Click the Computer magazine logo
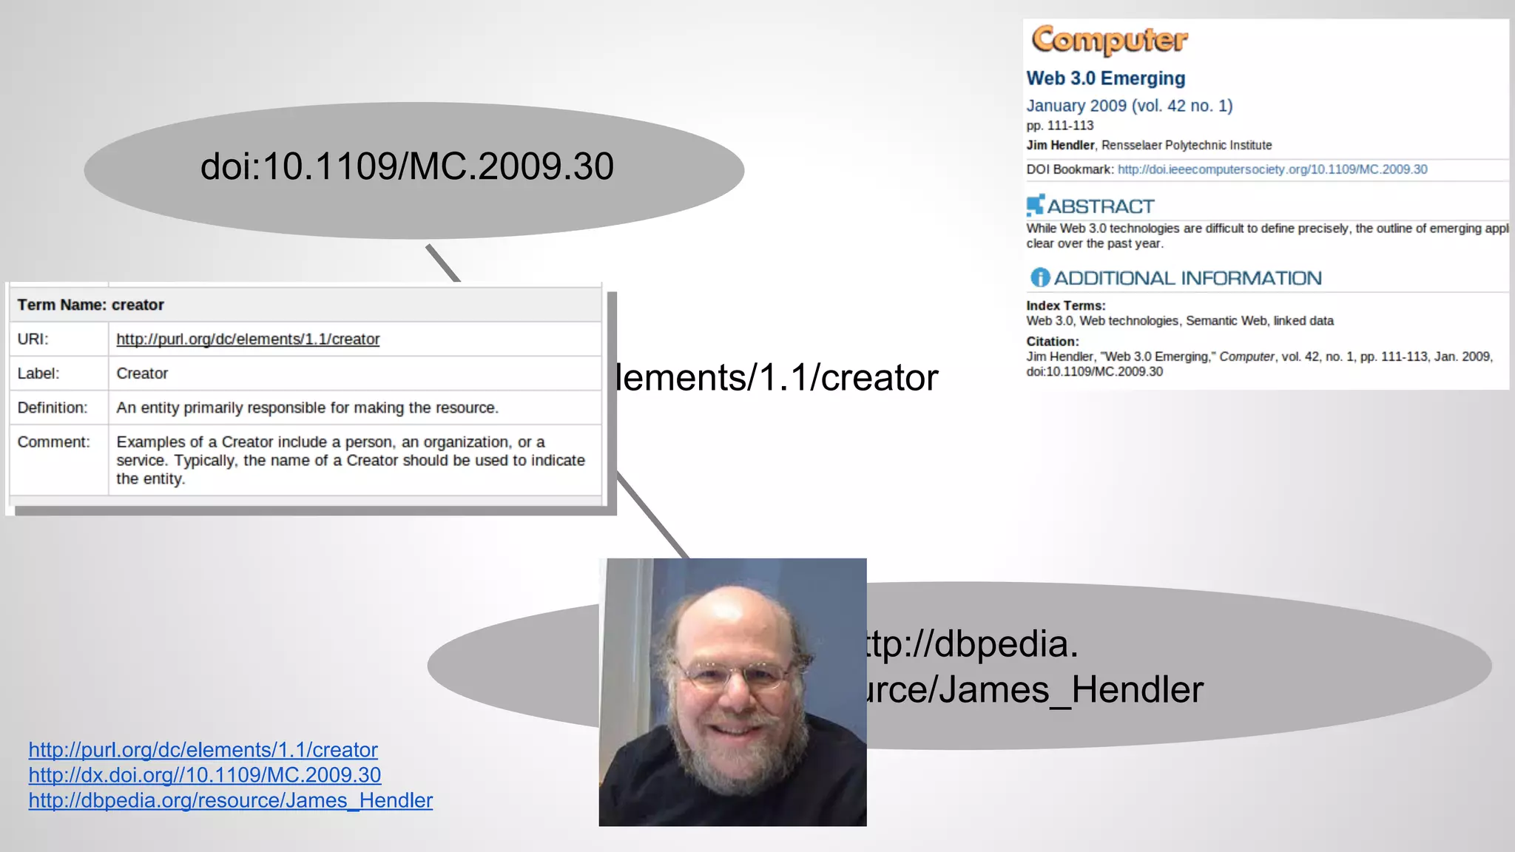click(1109, 40)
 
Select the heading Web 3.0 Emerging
click(1105, 78)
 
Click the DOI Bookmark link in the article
click(1272, 169)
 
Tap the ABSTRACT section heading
click(1100, 206)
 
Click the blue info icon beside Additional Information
click(1039, 278)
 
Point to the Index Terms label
click(1065, 305)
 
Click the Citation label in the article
click(1052, 341)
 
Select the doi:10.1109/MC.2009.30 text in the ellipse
click(407, 166)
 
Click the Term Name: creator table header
click(90, 305)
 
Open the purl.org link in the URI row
click(248, 339)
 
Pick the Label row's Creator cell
click(142, 373)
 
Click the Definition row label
click(52, 408)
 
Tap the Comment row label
click(53, 442)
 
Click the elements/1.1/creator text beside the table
click(777, 378)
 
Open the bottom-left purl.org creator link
click(203, 750)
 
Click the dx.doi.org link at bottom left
click(204, 775)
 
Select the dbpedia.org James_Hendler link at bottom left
click(230, 800)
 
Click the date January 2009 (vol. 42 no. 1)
click(1129, 106)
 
